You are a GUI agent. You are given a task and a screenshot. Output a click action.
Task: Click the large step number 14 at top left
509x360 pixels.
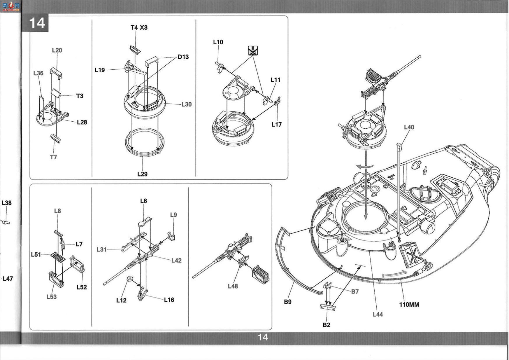pyautogui.click(x=37, y=23)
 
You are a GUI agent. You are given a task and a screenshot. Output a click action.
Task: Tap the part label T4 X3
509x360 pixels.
pyautogui.click(x=139, y=28)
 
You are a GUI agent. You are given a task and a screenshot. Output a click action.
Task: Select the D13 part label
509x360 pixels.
pyautogui.click(x=183, y=57)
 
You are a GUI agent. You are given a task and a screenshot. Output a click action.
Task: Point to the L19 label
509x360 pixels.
pyautogui.click(x=100, y=70)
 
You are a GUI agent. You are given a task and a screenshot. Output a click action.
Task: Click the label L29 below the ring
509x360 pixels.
pyautogui.click(x=142, y=174)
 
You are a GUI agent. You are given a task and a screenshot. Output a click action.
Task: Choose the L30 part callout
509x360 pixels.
pyautogui.click(x=187, y=104)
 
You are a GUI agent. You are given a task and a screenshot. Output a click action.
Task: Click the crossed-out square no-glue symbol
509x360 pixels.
pyautogui.click(x=253, y=50)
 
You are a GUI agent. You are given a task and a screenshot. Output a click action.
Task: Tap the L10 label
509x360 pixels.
pyautogui.click(x=218, y=42)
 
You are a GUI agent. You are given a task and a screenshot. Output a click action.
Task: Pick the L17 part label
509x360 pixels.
pyautogui.click(x=277, y=125)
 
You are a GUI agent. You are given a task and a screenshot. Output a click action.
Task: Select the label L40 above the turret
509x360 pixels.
pyautogui.click(x=409, y=127)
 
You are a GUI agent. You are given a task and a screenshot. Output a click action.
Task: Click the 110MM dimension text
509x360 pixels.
pyautogui.click(x=409, y=305)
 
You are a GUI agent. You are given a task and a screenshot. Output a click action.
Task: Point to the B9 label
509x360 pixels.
pyautogui.click(x=288, y=302)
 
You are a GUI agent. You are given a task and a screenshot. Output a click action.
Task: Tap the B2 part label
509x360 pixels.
pyautogui.click(x=327, y=325)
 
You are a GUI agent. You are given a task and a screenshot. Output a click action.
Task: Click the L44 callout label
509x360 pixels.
pyautogui.click(x=378, y=314)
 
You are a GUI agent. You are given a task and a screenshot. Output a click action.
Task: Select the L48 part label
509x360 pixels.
pyautogui.click(x=233, y=286)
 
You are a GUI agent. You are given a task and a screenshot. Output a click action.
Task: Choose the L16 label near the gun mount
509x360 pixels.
pyautogui.click(x=169, y=300)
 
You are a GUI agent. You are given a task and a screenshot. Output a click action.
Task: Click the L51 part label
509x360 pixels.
pyautogui.click(x=36, y=255)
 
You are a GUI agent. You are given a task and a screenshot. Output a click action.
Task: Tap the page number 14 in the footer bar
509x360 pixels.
pyautogui.click(x=263, y=337)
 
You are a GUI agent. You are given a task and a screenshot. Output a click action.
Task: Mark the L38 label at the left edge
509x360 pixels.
pyautogui.click(x=6, y=203)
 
